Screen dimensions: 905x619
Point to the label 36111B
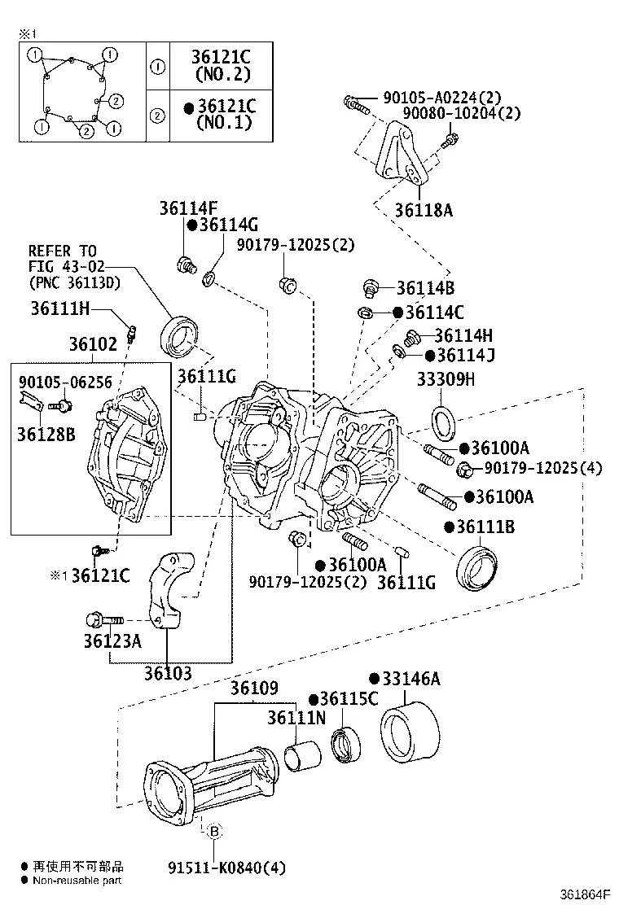tap(485, 527)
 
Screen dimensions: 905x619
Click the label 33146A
tap(410, 679)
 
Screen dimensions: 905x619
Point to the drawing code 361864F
tap(583, 894)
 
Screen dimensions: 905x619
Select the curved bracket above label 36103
tap(170, 590)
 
